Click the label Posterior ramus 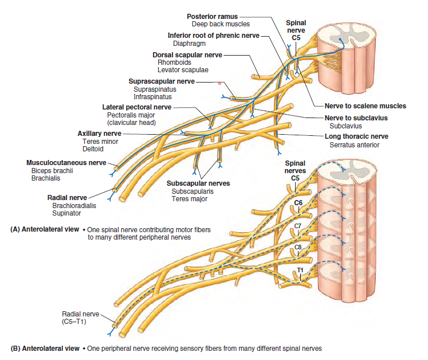click(212, 16)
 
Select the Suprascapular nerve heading click(162, 81)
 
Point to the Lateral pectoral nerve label click(136, 107)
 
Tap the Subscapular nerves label click(198, 183)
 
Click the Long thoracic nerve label click(356, 136)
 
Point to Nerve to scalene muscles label click(365, 105)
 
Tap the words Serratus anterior click(354, 145)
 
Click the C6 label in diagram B click(298, 203)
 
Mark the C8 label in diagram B click(298, 247)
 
